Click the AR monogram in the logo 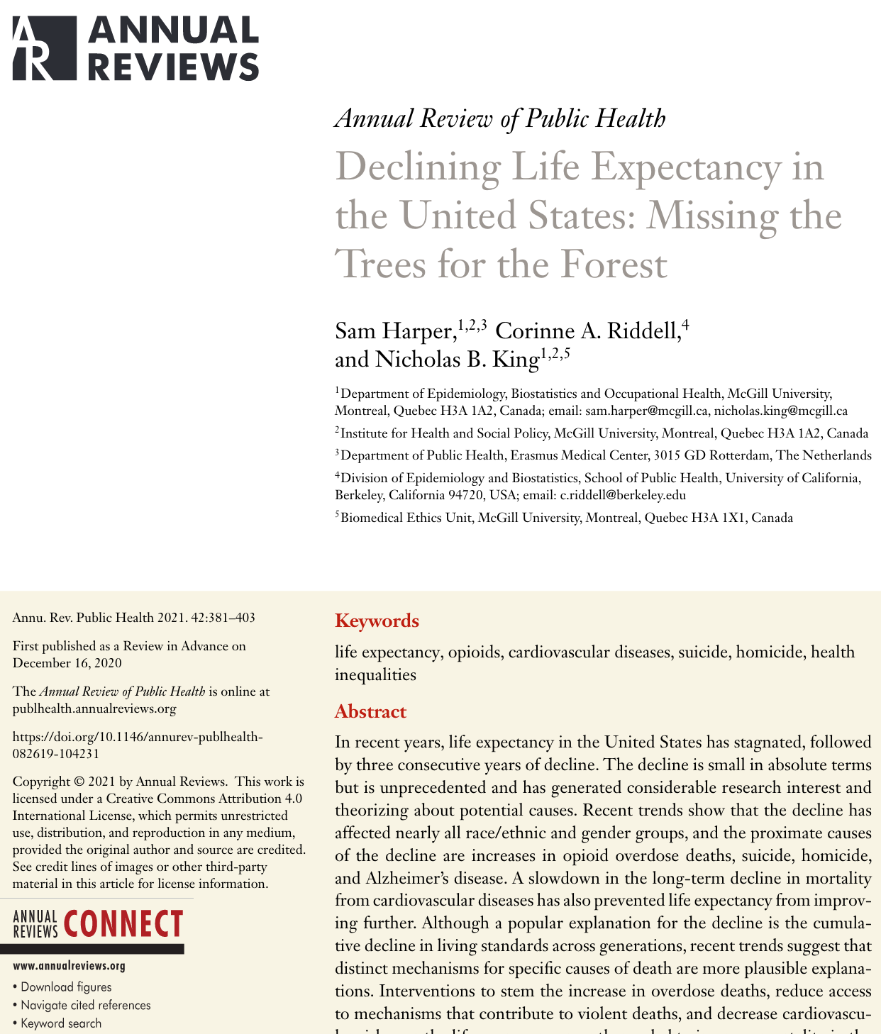click(43, 48)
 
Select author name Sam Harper click(394, 331)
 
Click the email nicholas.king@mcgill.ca click(780, 411)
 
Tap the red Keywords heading click(377, 621)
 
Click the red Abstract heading click(370, 711)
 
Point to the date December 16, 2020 click(67, 663)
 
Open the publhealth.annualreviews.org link click(94, 708)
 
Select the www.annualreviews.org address click(69, 966)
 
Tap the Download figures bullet click(66, 987)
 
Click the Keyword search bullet click(61, 1023)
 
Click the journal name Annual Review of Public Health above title click(500, 118)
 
